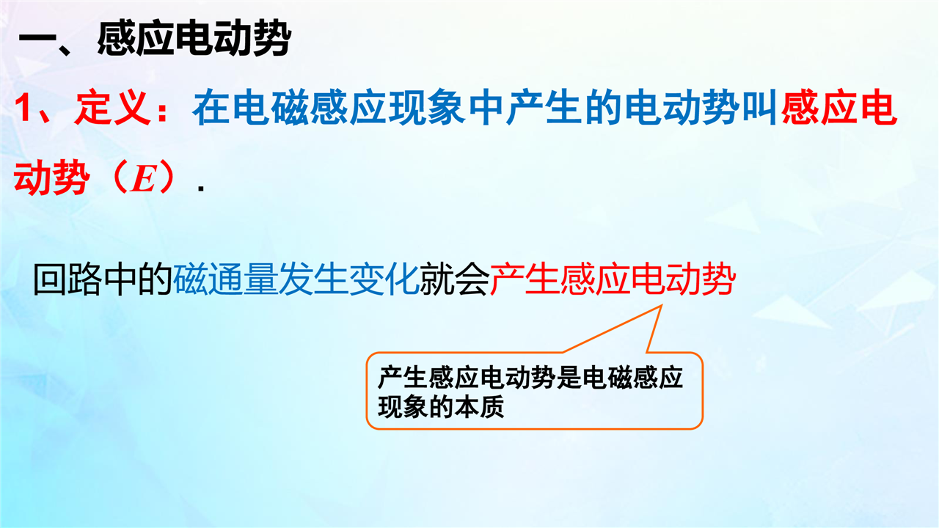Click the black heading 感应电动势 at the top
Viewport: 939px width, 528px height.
coord(194,39)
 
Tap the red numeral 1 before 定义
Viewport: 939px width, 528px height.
coord(25,108)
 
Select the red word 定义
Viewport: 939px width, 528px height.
coord(112,108)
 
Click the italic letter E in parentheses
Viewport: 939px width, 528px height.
coord(143,178)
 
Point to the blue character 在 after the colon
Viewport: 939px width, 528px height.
coord(211,108)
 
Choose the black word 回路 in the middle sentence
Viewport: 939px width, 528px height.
coord(67,279)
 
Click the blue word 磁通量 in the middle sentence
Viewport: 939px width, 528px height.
coord(225,279)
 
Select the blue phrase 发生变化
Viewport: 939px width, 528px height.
coord(348,279)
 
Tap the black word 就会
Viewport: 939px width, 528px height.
coord(454,279)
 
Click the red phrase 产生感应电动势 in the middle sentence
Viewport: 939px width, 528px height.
coord(613,279)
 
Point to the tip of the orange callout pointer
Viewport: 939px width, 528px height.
coord(662,306)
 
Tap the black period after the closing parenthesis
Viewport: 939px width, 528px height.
coord(201,188)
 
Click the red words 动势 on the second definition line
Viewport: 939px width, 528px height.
coord(51,177)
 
